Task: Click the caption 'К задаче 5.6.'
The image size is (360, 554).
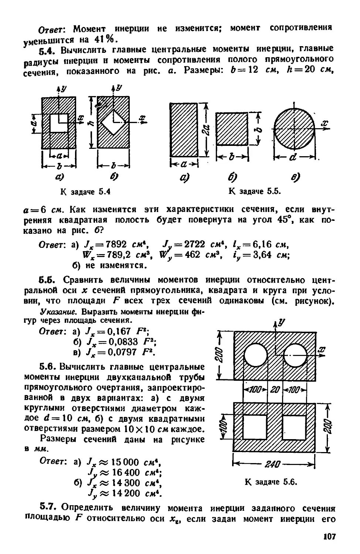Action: coord(271,482)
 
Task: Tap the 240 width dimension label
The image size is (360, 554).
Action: coord(274,464)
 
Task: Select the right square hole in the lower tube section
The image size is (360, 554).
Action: coord(294,427)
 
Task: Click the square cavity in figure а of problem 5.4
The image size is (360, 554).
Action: coord(59,123)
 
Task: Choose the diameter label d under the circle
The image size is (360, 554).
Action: coord(293,158)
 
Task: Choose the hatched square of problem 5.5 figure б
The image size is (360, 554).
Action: coord(232,129)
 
